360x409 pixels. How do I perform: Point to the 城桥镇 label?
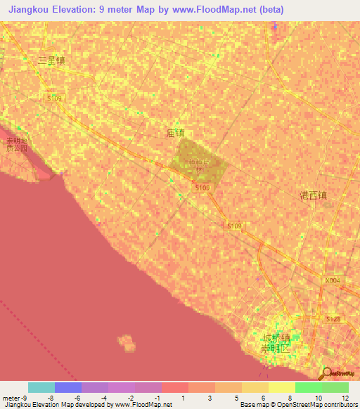tap(276, 337)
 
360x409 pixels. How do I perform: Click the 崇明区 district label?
tap(276, 349)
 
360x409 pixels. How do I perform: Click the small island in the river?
tap(127, 343)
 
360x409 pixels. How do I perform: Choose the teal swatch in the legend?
tap(41, 387)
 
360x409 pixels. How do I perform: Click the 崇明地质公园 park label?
tap(15, 145)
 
